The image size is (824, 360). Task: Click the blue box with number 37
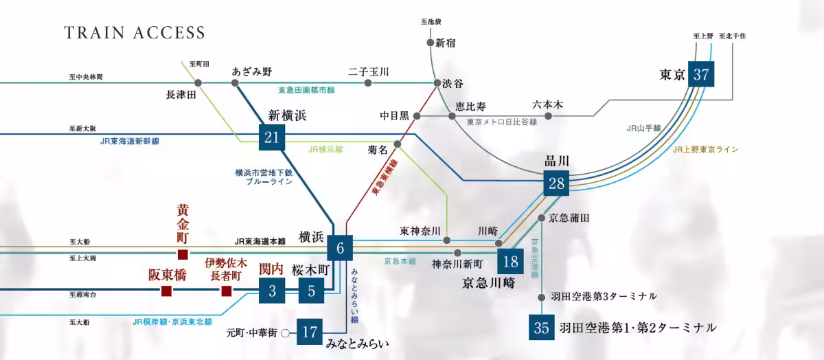(x=701, y=75)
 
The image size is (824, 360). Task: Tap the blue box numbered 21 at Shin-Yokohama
(x=272, y=138)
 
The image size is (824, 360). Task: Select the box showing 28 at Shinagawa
(x=557, y=183)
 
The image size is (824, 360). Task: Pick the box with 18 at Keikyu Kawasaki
(x=510, y=261)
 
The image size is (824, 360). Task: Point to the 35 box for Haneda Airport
(x=542, y=328)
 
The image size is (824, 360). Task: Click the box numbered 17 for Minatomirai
(x=309, y=332)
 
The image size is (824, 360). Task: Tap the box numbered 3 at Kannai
(x=272, y=291)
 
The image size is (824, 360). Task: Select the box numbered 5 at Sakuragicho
(x=311, y=291)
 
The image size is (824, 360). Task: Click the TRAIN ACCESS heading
(x=135, y=33)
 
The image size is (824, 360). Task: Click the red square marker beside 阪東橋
(x=165, y=292)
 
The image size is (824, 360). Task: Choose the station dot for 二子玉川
(x=368, y=83)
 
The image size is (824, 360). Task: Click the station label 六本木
(x=547, y=105)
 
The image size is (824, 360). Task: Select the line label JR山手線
(x=643, y=128)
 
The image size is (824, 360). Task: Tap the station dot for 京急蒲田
(x=542, y=218)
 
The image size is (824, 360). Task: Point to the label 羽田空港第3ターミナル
(x=604, y=296)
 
